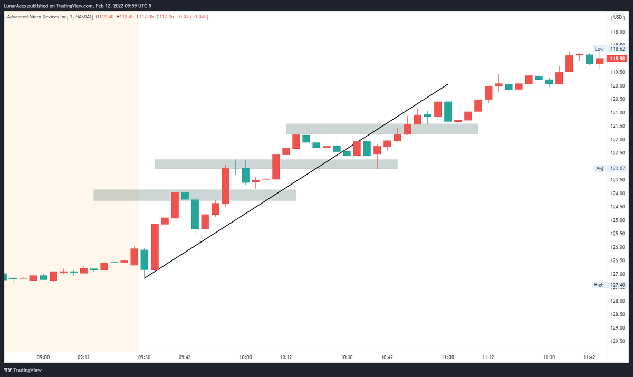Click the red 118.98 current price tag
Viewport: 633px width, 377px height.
pos(617,59)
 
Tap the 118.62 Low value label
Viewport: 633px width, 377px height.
pos(617,49)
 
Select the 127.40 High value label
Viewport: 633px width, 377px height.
pos(617,285)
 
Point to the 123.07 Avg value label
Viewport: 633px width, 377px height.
pos(617,168)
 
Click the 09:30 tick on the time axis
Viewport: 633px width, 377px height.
pos(144,357)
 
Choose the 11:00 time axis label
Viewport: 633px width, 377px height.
pos(448,357)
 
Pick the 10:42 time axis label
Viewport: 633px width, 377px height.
pos(387,357)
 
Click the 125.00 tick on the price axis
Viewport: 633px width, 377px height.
pos(618,220)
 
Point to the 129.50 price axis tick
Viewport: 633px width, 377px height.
pos(618,342)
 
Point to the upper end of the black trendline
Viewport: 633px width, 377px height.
pos(447,84)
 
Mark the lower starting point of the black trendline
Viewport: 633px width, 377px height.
pos(145,277)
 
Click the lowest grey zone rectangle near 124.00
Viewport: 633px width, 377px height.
pos(195,195)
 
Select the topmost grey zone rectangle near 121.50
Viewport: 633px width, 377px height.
pos(382,129)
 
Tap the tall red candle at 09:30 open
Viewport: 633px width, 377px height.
pos(155,247)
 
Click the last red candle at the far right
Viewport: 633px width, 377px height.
pos(600,61)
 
